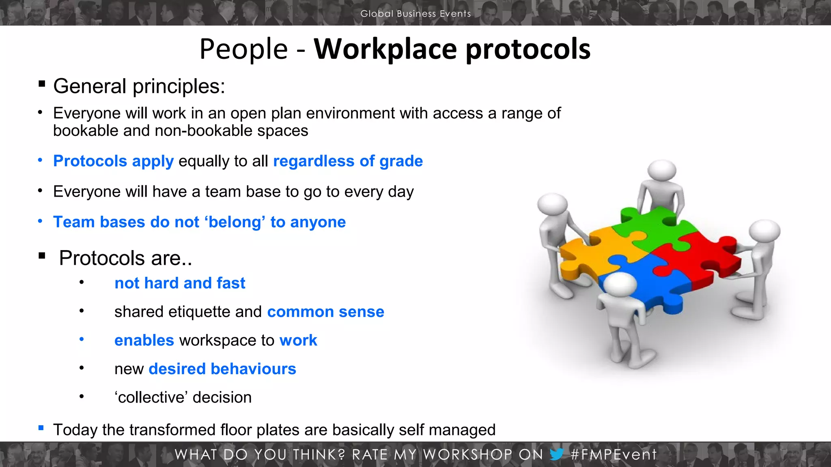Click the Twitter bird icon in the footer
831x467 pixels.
556,454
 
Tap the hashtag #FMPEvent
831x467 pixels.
613,454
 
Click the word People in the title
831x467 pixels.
243,49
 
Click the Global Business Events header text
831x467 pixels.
415,13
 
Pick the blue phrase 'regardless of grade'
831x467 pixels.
348,161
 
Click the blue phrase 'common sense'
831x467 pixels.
325,312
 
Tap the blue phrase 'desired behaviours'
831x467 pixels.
222,369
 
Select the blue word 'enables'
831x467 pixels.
144,341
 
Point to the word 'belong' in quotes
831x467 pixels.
235,222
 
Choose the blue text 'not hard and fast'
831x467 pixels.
180,283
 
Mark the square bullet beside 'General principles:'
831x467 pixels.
42,84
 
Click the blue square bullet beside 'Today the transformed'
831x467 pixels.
41,428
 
